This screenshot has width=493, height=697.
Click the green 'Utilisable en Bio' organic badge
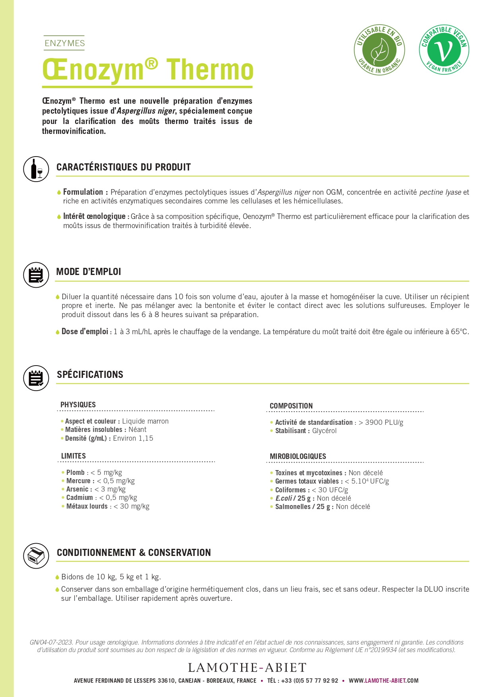point(379,50)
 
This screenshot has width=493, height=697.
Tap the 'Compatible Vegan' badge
point(444,50)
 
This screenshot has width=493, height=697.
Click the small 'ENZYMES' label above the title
point(65,43)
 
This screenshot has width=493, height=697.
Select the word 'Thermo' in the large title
point(210,70)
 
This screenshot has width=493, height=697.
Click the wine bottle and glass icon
point(36,169)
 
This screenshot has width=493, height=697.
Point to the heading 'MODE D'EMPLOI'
point(89,272)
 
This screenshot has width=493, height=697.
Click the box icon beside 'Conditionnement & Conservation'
point(36,556)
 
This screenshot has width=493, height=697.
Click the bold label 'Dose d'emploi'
point(85,331)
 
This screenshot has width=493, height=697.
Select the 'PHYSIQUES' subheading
point(78,405)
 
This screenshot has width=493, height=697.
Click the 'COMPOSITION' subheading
point(291,406)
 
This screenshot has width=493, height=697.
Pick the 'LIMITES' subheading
point(73,456)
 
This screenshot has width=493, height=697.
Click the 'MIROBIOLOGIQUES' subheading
point(298,456)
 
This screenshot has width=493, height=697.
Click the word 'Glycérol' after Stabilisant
point(324,431)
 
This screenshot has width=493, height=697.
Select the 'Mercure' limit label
point(79,481)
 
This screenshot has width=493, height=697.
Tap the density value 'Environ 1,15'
point(133,438)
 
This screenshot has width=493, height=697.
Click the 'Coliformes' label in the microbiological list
point(290,490)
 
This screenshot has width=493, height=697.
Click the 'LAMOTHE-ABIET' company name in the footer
point(247,668)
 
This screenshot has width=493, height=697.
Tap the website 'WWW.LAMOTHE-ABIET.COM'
point(383,681)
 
